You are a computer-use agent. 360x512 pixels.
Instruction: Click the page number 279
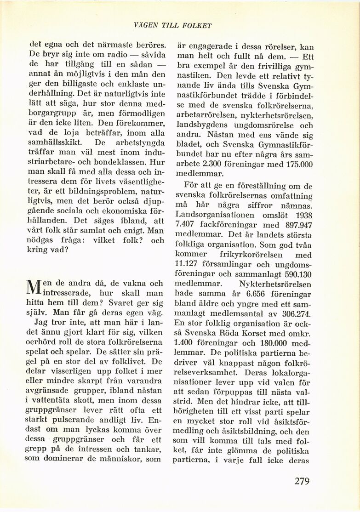point(302,481)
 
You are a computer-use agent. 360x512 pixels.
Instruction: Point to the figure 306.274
point(296,314)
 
